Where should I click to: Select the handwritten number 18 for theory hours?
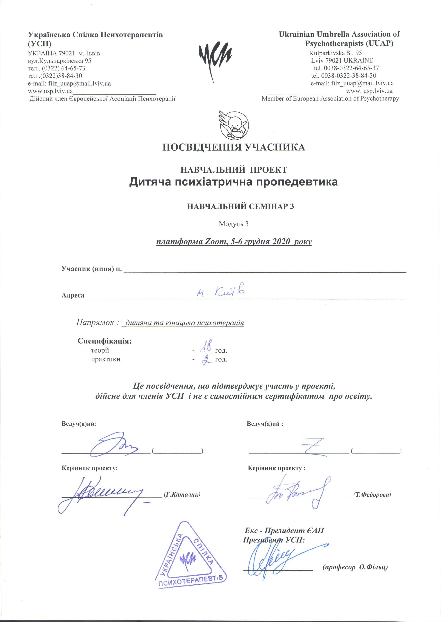point(206,347)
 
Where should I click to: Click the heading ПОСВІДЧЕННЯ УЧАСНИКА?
point(233,147)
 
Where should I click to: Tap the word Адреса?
point(73,295)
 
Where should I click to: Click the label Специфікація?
point(105,341)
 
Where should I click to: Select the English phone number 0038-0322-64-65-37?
point(351,68)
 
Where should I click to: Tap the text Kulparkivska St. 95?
point(335,53)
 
